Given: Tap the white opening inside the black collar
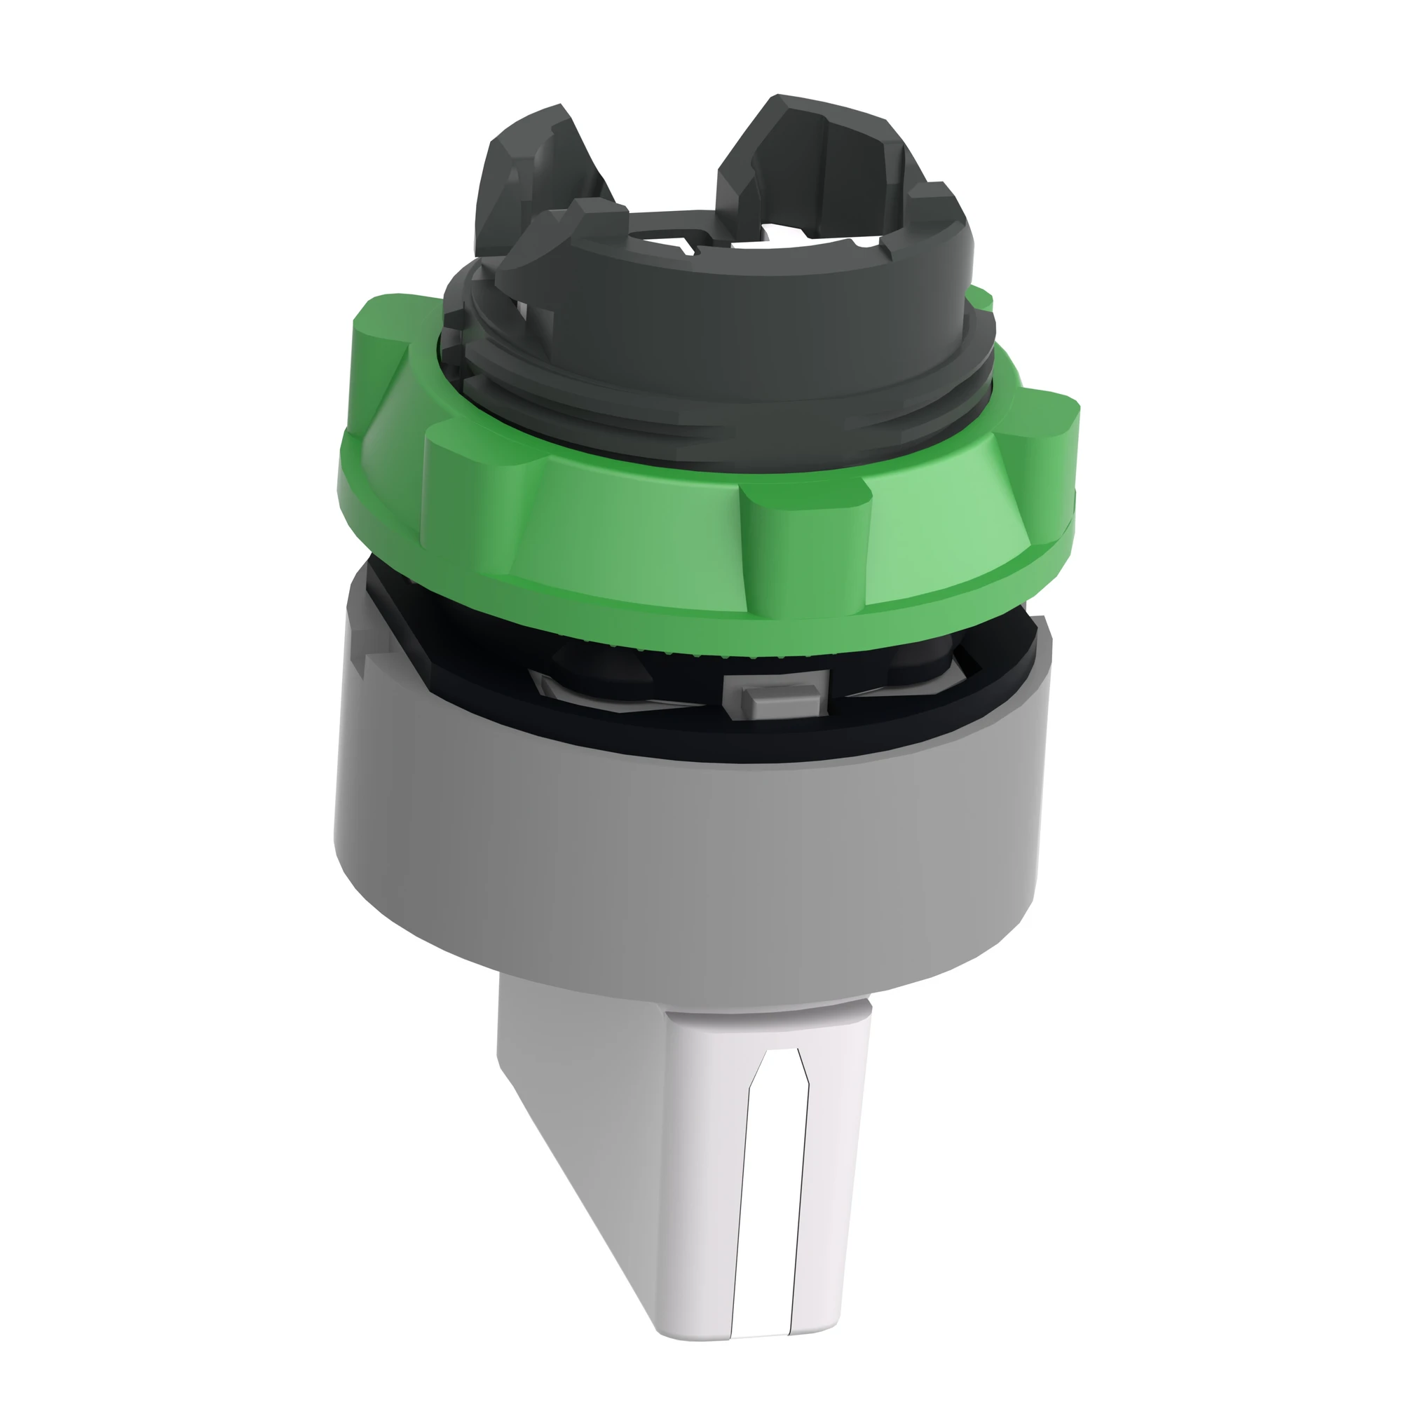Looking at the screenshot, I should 755,236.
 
